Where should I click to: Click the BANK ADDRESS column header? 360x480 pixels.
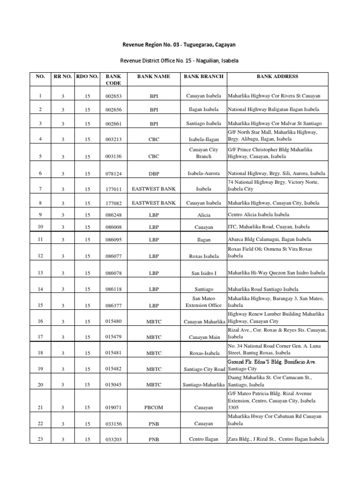[277, 76]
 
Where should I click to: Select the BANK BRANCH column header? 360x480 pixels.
[203, 76]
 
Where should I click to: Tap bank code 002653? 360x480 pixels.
[113, 96]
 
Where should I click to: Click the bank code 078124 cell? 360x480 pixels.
[113, 174]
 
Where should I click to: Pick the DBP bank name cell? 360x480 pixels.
[154, 174]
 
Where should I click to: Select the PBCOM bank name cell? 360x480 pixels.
[154, 408]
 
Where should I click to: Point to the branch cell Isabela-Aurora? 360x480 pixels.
[203, 173]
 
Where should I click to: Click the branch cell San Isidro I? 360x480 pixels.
[203, 273]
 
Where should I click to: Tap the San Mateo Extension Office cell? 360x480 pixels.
[203, 301]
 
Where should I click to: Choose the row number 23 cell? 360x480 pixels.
[41, 439]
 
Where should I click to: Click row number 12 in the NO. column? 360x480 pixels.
[41, 256]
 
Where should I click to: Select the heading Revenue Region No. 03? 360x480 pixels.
[180, 45]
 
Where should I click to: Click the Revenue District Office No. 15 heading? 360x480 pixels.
[180, 60]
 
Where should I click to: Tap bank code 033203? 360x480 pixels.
[113, 440]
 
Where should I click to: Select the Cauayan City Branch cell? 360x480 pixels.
[203, 153]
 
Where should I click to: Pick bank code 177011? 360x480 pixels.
[113, 190]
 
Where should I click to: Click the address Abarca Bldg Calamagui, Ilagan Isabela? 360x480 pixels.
[269, 239]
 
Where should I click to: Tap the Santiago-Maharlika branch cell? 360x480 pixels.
[203, 385]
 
